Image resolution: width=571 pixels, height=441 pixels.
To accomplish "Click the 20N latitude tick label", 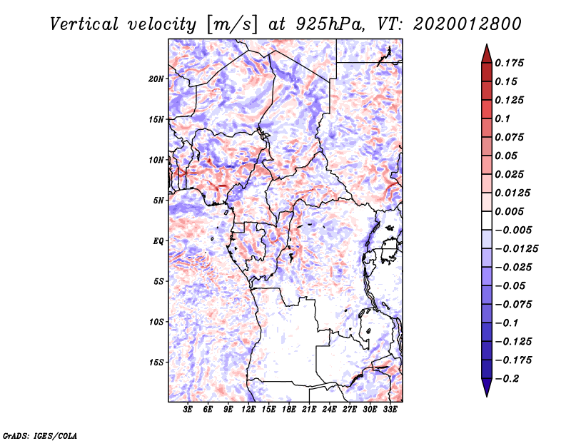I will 156,78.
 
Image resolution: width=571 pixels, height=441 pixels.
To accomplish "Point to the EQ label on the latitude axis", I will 158,241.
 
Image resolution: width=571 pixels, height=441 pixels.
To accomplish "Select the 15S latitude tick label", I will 156,363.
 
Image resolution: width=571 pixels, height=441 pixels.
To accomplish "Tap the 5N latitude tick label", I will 158,201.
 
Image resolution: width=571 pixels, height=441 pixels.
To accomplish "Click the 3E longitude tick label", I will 188,410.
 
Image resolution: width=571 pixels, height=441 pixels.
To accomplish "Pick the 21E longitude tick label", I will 309,410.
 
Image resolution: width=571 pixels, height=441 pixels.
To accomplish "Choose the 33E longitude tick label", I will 390,410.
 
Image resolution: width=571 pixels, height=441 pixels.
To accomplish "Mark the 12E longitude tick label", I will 248,410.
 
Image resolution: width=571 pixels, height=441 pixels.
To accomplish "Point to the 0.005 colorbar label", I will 510,211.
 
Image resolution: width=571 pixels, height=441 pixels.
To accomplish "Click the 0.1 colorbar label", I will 502,118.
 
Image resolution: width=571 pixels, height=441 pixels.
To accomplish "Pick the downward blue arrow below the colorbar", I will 485,388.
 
